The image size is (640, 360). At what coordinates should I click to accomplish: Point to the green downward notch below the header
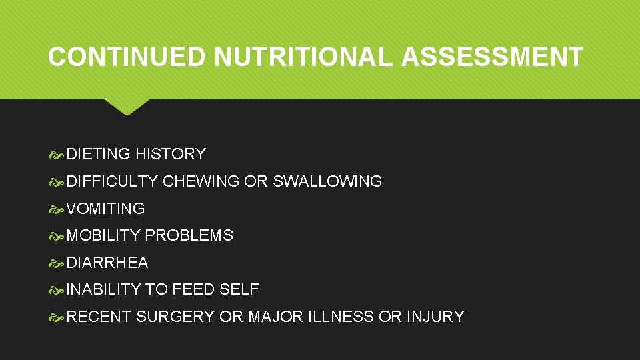(127, 107)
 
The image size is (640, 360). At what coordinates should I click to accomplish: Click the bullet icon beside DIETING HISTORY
(57, 155)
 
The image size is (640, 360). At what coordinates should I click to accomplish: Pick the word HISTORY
(170, 154)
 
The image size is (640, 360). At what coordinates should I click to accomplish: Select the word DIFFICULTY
(112, 181)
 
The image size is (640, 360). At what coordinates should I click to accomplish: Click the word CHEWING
(201, 181)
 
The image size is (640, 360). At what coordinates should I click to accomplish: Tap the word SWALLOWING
(327, 181)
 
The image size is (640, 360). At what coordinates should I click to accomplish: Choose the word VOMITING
(105, 209)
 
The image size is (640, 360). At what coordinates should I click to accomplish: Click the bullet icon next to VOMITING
(57, 209)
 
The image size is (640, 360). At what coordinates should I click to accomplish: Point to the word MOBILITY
(103, 235)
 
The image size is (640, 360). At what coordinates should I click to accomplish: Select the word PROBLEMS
(189, 235)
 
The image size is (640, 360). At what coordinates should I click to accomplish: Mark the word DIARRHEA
(107, 263)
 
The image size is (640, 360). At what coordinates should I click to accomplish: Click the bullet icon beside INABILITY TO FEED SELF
(57, 290)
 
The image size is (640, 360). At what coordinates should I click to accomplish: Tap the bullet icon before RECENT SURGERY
(57, 317)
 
